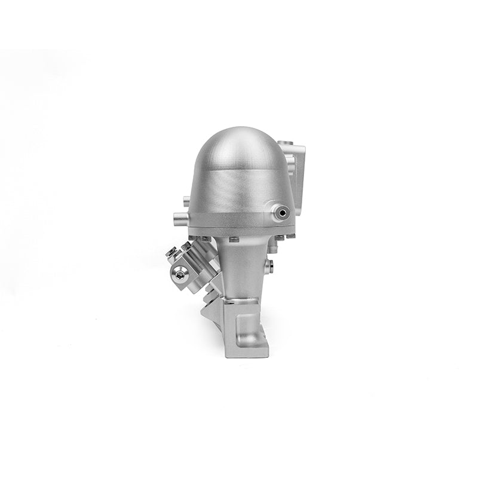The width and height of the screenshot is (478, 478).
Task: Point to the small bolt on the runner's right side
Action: point(271,263)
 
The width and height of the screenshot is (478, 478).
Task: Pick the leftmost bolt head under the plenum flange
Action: point(206,239)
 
